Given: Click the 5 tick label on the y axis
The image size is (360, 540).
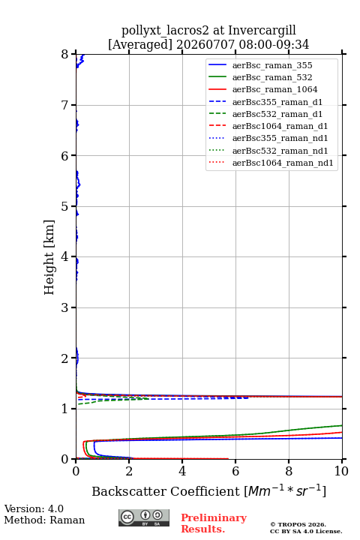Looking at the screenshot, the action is (x=65, y=207).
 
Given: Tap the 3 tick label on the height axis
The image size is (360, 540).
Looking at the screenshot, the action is (x=65, y=307).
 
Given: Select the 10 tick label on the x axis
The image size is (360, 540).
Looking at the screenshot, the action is (x=341, y=471).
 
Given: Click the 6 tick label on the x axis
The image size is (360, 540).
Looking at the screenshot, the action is (x=235, y=471).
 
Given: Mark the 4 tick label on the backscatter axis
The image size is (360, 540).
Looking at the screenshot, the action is (x=182, y=471).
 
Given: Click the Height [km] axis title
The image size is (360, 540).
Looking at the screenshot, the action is (x=49, y=257).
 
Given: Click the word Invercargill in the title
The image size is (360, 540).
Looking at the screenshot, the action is (x=262, y=31).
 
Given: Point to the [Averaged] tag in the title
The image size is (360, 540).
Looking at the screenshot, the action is (x=140, y=44).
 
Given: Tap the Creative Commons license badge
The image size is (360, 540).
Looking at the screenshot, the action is (x=144, y=518).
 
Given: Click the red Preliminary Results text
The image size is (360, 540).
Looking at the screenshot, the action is (x=214, y=523).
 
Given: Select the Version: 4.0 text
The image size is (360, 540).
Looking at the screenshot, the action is (x=34, y=508).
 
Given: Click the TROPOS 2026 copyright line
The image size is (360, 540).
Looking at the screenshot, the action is (x=298, y=524).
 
